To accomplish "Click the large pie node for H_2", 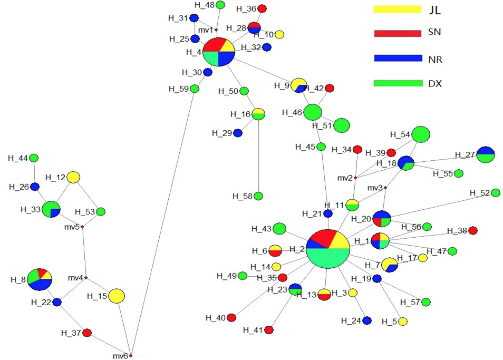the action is point(328,249).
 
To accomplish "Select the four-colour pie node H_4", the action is point(219,52).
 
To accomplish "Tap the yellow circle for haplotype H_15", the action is point(116,296).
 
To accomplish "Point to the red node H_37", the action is point(87,333).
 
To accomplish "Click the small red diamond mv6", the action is point(131,356).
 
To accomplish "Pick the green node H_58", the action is point(258,196).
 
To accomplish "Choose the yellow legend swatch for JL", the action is point(398,9).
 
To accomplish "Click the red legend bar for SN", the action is point(398,33).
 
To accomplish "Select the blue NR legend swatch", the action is point(398,58).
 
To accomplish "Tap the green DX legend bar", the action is point(398,83).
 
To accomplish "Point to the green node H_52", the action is point(496,193).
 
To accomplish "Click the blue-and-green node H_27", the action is point(486,154).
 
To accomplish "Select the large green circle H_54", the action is point(421,134).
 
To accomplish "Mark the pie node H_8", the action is point(40,279).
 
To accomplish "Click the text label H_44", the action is point(18,158).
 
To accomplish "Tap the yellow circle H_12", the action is point(73,177).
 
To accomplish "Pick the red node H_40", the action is point(231,318).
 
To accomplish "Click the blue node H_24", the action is point(366,320).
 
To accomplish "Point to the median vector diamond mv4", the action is point(85,278).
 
